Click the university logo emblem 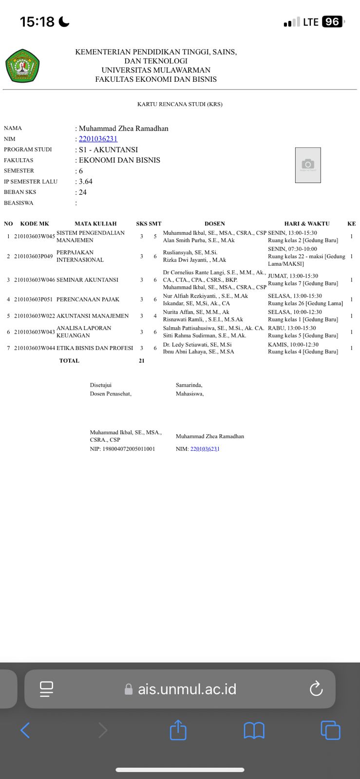click(22, 66)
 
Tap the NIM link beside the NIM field click(98, 139)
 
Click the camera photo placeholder click(308, 165)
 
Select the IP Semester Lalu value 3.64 click(86, 182)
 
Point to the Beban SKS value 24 click(83, 192)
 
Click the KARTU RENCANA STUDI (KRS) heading click(180, 104)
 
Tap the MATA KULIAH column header click(95, 224)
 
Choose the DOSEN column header click(214, 224)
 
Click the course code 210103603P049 click(33, 256)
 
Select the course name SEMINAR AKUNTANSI click(87, 280)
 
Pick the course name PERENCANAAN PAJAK click(88, 299)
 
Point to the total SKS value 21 click(142, 361)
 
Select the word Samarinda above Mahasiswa click(189, 385)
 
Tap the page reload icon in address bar click(316, 689)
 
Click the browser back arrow click(25, 730)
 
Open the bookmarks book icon click(254, 730)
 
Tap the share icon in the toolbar click(178, 730)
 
